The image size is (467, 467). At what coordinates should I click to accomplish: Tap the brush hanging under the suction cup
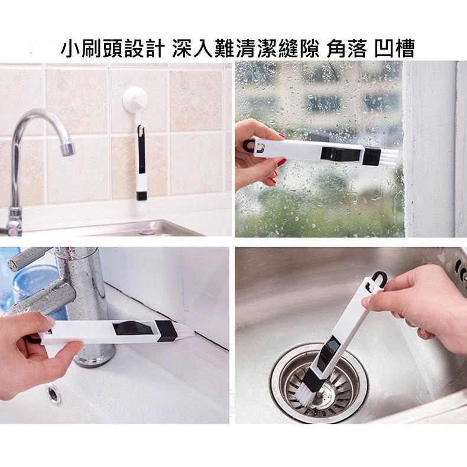pyautogui.click(x=141, y=163)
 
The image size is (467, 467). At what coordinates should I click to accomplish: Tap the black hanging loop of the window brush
pyautogui.click(x=248, y=145)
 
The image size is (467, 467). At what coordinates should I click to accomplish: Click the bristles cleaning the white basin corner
pyautogui.click(x=186, y=330)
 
